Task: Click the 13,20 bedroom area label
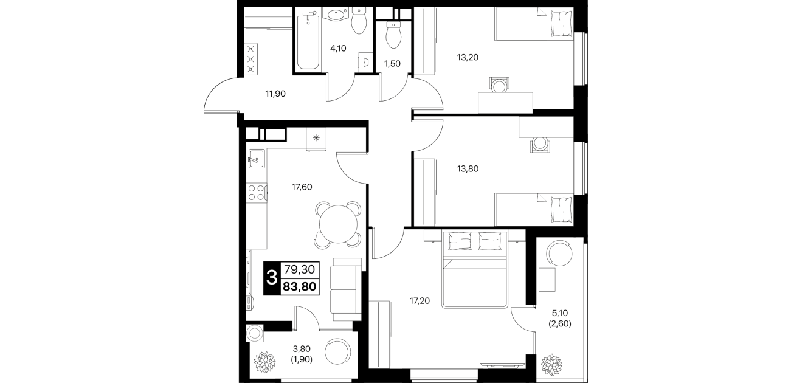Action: coord(468,57)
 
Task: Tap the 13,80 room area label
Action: coord(468,169)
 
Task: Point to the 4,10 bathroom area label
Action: coord(338,49)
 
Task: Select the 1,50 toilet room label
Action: coord(392,64)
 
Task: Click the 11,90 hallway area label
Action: coord(275,94)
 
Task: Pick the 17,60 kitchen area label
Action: coord(302,187)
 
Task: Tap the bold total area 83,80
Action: coord(300,286)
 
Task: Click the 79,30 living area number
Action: coord(300,270)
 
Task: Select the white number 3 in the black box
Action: coord(272,278)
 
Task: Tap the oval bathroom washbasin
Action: coord(337,15)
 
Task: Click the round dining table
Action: coord(338,224)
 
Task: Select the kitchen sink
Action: coord(257,159)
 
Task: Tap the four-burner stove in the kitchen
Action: coord(257,193)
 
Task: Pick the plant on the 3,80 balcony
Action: coord(265,362)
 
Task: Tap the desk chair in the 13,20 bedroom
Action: coord(499,85)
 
